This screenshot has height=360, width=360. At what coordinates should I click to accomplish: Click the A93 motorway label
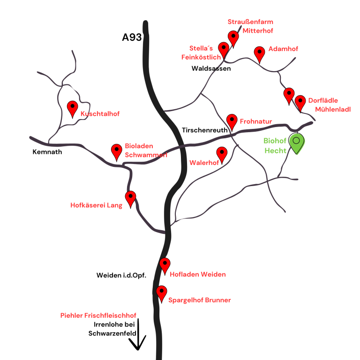tap(132, 37)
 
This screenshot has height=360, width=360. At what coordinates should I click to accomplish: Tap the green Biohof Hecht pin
tap(296, 143)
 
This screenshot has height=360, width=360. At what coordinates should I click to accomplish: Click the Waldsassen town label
tap(211, 68)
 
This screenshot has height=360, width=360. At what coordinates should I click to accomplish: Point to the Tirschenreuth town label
tap(204, 130)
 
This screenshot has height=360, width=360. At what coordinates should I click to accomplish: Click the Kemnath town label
tap(47, 152)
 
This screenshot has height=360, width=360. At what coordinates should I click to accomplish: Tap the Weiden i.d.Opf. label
tap(121, 275)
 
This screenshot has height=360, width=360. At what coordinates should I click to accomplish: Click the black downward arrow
tap(138, 335)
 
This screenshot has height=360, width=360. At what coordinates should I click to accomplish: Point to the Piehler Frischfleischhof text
tap(98, 315)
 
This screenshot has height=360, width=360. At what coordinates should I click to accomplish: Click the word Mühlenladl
tap(333, 109)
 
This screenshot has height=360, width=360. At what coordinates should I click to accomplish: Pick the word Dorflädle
tap(323, 100)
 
